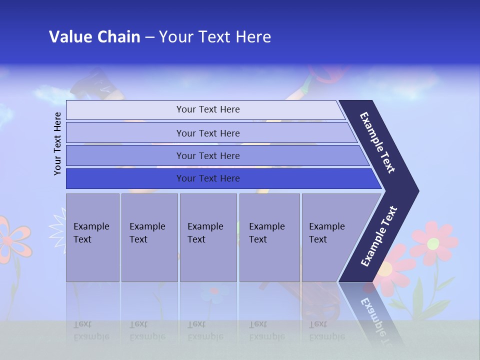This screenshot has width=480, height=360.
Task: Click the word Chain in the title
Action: click(x=118, y=36)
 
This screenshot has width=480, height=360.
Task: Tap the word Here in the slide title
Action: click(x=253, y=36)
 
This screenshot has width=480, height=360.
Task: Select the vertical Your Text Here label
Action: click(x=57, y=143)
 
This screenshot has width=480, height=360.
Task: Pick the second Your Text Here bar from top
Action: click(x=207, y=133)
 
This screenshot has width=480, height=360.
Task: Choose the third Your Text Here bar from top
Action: click(x=207, y=155)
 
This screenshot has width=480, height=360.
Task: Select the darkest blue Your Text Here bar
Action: click(x=207, y=178)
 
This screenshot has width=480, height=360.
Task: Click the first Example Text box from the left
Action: click(x=92, y=237)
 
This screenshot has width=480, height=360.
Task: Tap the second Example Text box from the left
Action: click(x=149, y=237)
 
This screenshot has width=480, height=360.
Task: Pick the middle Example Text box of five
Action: click(x=208, y=237)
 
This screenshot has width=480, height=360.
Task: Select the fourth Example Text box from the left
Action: click(x=269, y=237)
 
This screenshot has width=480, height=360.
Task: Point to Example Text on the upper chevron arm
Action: click(x=377, y=142)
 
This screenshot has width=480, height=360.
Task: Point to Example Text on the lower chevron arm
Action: click(x=379, y=236)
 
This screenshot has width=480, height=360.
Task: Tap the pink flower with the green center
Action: click(x=433, y=243)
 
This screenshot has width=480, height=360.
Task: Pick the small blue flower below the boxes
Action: click(x=214, y=291)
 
